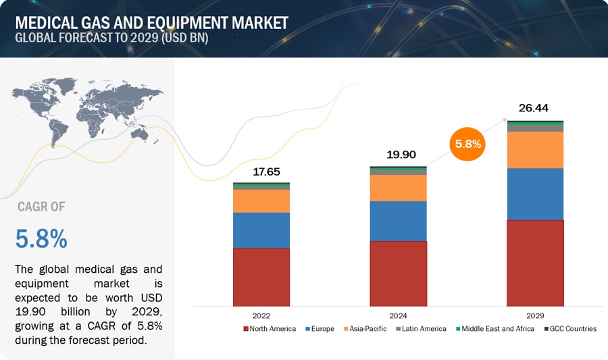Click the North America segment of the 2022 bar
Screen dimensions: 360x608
261,277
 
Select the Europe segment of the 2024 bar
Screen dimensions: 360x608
398,221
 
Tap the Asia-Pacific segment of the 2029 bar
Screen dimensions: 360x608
535,149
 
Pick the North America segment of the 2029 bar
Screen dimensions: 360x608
535,263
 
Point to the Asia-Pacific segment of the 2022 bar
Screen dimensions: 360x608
261,201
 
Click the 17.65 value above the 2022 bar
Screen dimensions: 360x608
261,172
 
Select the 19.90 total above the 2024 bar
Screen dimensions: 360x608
398,155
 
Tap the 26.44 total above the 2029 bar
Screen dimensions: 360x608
535,107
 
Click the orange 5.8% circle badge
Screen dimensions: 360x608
467,144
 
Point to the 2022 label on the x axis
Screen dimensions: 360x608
261,315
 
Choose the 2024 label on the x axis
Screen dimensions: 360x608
398,315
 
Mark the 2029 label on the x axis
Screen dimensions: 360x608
535,315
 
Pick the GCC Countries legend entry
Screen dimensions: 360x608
570,329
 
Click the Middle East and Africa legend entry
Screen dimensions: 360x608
497,329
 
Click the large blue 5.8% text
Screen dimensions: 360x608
41,238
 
